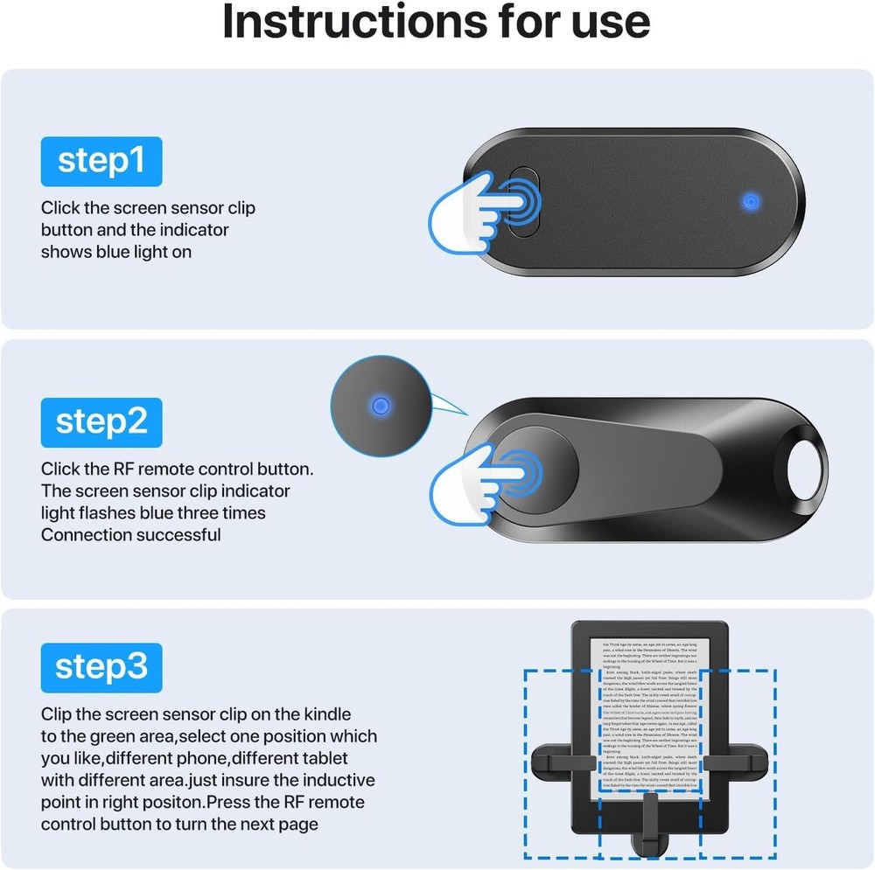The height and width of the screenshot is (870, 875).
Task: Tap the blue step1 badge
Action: [x=101, y=161]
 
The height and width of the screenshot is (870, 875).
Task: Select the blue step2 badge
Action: [x=101, y=421]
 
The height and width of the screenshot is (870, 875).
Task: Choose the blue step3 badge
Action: [x=101, y=667]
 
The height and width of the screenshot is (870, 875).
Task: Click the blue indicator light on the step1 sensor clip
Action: [x=749, y=202]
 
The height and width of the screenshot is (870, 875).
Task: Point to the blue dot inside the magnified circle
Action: [x=380, y=405]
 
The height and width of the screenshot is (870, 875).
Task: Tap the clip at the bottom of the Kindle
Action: [x=648, y=826]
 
